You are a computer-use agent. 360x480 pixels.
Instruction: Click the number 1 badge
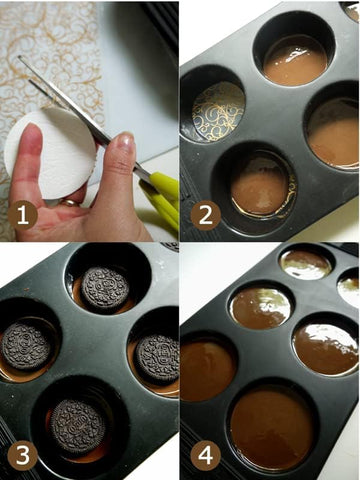click(23, 215)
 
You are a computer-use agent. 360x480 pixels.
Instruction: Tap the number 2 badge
click(205, 215)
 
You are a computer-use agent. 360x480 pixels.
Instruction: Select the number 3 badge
click(23, 455)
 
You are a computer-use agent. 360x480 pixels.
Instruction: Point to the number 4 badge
click(205, 455)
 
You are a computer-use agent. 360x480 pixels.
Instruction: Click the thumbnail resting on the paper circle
click(31, 138)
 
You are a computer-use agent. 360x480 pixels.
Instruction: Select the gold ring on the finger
click(70, 202)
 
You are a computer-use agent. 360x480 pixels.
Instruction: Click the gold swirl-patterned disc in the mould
click(218, 112)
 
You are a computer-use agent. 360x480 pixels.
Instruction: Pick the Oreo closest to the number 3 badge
click(78, 426)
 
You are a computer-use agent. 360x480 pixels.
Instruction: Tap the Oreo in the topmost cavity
click(105, 289)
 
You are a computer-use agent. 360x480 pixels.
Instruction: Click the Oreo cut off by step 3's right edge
click(158, 358)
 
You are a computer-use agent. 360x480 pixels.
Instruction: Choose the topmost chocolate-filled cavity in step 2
click(295, 60)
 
